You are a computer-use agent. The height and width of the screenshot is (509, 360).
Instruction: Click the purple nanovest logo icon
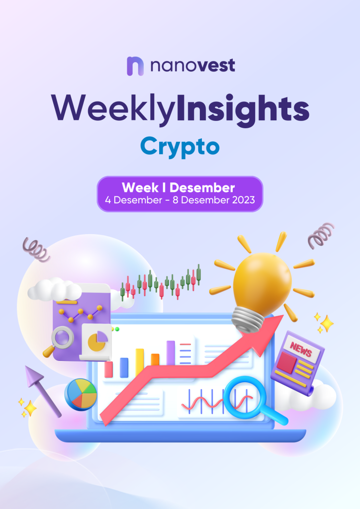click(135, 66)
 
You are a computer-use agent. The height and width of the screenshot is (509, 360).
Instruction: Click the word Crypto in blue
click(180, 147)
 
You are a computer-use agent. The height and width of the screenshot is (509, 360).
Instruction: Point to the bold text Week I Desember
click(178, 187)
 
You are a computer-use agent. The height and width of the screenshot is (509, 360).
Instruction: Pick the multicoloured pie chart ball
click(81, 395)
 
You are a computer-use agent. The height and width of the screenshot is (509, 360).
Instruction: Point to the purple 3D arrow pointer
click(42, 390)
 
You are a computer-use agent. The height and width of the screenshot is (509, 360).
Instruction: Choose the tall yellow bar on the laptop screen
click(140, 362)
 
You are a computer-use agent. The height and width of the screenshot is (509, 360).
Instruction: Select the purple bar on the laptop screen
click(171, 352)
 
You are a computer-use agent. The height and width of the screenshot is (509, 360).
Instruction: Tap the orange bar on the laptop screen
click(155, 360)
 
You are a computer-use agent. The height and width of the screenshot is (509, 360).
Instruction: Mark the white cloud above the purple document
click(55, 289)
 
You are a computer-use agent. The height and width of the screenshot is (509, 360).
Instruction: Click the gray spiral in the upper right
click(321, 235)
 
